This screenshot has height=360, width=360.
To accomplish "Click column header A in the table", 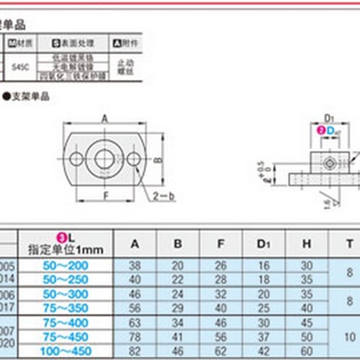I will pyautogui.click(x=135, y=244).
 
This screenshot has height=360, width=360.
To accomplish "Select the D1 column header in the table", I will pyautogui.click(x=263, y=244).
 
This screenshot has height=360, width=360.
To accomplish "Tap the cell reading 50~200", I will pyautogui.click(x=66, y=265).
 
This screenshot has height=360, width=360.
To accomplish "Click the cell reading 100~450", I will pyautogui.click(x=66, y=351).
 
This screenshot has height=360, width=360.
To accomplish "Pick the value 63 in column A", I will pyautogui.click(x=135, y=323).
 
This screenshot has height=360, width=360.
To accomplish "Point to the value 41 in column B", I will pyautogui.click(x=178, y=337).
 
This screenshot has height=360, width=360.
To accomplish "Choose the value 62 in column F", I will pyautogui.click(x=220, y=351).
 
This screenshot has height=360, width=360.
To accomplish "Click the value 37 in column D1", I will pyautogui.click(x=263, y=337).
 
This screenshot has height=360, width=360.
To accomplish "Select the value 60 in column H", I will pyautogui.click(x=306, y=351).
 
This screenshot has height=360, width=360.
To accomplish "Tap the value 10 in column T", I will pyautogui.click(x=350, y=337).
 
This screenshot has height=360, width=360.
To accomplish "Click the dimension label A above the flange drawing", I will pyautogui.click(x=104, y=118).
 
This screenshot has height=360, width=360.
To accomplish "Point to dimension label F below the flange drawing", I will pyautogui.click(x=105, y=196).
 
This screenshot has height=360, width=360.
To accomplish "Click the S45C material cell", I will pyautogui.click(x=19, y=66).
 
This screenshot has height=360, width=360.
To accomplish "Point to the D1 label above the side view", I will pyautogui.click(x=329, y=119).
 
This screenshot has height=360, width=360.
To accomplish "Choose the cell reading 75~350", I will pyautogui.click(x=66, y=308).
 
